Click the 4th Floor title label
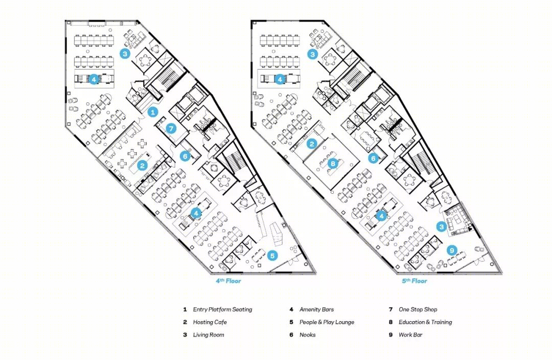pyautogui.click(x=228, y=281)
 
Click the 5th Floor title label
pyautogui.click(x=415, y=281)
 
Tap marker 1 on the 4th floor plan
pyautogui.click(x=152, y=112)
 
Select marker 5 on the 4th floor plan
pyautogui.click(x=272, y=255)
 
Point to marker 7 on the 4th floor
pyautogui.click(x=171, y=128)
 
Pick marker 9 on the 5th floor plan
pyautogui.click(x=452, y=251)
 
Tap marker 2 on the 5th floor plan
pyautogui.click(x=312, y=143)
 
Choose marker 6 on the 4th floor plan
pyautogui.click(x=185, y=155)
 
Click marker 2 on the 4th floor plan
pyautogui.click(x=142, y=165)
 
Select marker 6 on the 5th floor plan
pyautogui.click(x=373, y=158)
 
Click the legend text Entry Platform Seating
pyautogui.click(x=222, y=309)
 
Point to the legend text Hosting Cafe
pyautogui.click(x=210, y=322)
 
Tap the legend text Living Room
pyautogui.click(x=209, y=334)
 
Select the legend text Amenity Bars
pyautogui.click(x=316, y=309)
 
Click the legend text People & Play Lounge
pyautogui.click(x=327, y=322)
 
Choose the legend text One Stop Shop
pyautogui.click(x=418, y=309)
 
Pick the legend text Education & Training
pyautogui.click(x=425, y=322)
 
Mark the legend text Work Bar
pyautogui.click(x=410, y=334)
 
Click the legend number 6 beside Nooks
pyautogui.click(x=291, y=334)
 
